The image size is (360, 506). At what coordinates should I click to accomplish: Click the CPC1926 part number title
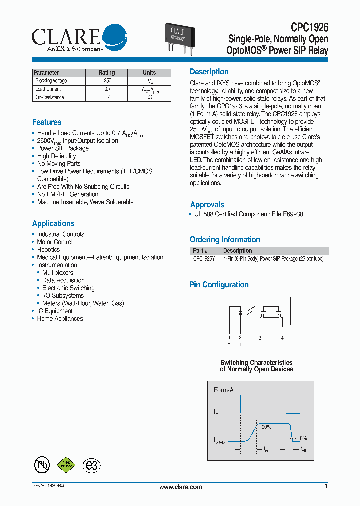[310, 28]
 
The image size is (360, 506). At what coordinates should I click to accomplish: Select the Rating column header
[106, 73]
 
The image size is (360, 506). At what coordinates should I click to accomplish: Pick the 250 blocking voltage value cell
[107, 81]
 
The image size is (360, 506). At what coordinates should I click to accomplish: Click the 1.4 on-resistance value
[107, 97]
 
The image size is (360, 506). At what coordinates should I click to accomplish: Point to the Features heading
[47, 122]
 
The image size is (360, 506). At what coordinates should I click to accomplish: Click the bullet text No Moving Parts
[59, 164]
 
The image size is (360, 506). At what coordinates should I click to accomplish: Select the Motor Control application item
[55, 242]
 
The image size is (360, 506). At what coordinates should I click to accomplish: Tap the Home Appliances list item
[60, 319]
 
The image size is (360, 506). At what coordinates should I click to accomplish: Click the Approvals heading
[207, 205]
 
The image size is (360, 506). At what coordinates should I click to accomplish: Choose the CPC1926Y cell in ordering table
[204, 259]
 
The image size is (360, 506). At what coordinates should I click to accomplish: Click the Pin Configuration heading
[219, 285]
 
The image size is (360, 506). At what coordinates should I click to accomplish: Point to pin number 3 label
[260, 338]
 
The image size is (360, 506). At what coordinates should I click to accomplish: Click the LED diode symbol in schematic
[240, 313]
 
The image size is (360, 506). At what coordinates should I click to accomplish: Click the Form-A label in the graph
[223, 390]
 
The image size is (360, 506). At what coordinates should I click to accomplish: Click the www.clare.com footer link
[180, 487]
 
